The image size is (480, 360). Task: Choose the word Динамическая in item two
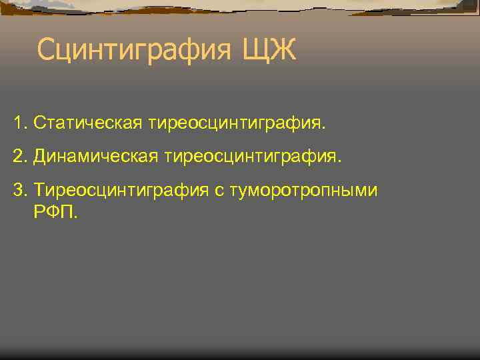(94, 157)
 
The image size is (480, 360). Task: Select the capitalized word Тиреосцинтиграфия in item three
(121, 191)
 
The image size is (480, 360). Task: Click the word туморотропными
(303, 191)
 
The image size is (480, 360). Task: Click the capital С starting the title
(47, 50)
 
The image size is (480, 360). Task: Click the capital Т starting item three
(39, 191)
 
